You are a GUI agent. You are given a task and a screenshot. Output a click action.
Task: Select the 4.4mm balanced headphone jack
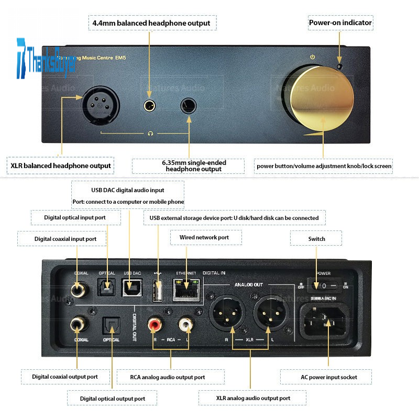150,106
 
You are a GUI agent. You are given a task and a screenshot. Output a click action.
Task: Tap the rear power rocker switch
323,286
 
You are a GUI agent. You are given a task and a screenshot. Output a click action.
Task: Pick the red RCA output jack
156,325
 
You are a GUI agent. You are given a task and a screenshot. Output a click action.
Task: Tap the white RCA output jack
185,325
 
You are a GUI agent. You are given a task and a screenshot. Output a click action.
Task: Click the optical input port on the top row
107,288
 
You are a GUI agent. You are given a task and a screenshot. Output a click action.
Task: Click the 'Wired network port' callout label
204,238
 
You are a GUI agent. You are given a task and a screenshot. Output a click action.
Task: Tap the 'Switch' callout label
316,239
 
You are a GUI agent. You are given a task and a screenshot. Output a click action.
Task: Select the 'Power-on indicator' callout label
340,23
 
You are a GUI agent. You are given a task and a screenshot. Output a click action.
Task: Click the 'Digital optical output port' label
113,399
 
